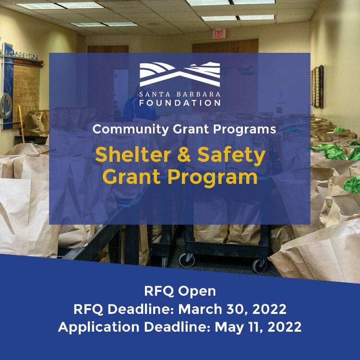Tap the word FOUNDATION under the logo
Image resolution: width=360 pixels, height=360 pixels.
[x=180, y=103]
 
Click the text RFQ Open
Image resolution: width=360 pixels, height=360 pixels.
[x=180, y=291]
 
